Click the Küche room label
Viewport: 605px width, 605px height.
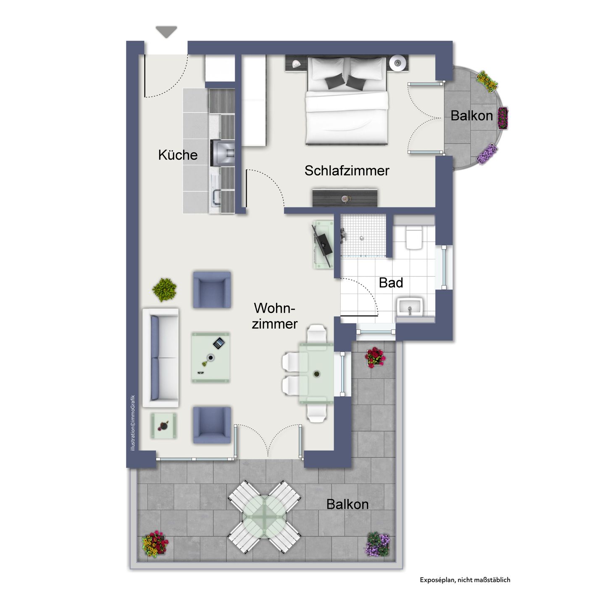tap(178, 155)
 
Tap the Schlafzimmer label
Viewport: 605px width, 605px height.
tap(347, 171)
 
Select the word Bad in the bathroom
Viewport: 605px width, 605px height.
tap(391, 283)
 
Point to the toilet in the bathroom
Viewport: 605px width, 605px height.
tap(414, 238)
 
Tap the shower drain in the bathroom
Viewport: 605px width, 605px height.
tap(361, 238)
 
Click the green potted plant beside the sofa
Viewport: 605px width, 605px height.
tap(165, 289)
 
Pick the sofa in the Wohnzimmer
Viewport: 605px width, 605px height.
tap(161, 358)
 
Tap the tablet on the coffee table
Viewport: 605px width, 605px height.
tap(219, 343)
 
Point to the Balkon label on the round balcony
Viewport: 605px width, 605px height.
tap(471, 116)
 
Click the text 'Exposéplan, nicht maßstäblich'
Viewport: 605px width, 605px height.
tap(465, 580)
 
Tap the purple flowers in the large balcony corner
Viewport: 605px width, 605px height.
tap(379, 544)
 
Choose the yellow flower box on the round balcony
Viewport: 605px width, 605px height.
tap(487, 81)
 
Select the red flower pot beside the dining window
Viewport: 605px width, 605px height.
tap(374, 357)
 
